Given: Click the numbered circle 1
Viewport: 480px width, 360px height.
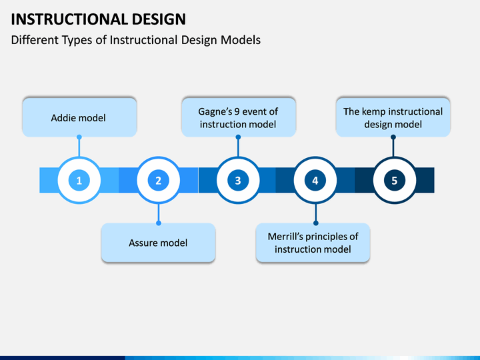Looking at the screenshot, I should (x=79, y=181).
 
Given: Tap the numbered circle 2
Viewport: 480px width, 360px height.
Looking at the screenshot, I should (x=158, y=181).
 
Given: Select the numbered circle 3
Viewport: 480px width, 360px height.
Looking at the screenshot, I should (x=237, y=181).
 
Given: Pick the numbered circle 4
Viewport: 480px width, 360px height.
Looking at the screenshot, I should (x=315, y=181).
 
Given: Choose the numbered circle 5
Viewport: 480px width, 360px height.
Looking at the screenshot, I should (x=394, y=181).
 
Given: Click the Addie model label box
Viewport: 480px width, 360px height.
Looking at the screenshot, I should (x=79, y=118).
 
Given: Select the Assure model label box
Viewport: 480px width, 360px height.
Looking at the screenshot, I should (x=158, y=243).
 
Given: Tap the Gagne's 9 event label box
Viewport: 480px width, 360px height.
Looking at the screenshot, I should (x=238, y=118).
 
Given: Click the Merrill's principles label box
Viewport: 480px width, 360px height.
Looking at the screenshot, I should (x=313, y=243).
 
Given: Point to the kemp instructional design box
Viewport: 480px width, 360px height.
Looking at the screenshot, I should (x=393, y=118).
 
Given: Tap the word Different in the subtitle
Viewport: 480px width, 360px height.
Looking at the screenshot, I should (x=35, y=40).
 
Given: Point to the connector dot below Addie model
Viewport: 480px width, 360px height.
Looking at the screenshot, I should (x=79, y=137).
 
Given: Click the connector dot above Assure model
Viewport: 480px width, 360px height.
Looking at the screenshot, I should (x=158, y=223).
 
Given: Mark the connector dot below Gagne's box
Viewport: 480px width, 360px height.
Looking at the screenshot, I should (x=237, y=137).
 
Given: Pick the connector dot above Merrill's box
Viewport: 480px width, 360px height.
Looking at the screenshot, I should (x=315, y=223).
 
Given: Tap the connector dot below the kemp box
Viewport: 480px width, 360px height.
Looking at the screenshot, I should (x=393, y=137).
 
